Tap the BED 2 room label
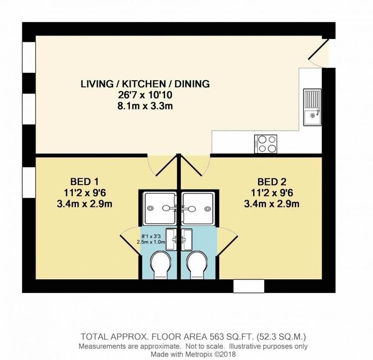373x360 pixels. click(x=271, y=182)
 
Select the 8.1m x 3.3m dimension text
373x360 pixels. click(x=145, y=105)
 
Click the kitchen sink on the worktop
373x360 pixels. click(x=311, y=107)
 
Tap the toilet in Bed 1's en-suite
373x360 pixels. click(x=159, y=265)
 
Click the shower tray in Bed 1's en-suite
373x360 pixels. click(x=160, y=208)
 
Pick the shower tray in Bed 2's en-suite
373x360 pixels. click(x=198, y=208)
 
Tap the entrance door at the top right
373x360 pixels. click(x=318, y=51)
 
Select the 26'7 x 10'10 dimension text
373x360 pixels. click(x=145, y=95)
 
